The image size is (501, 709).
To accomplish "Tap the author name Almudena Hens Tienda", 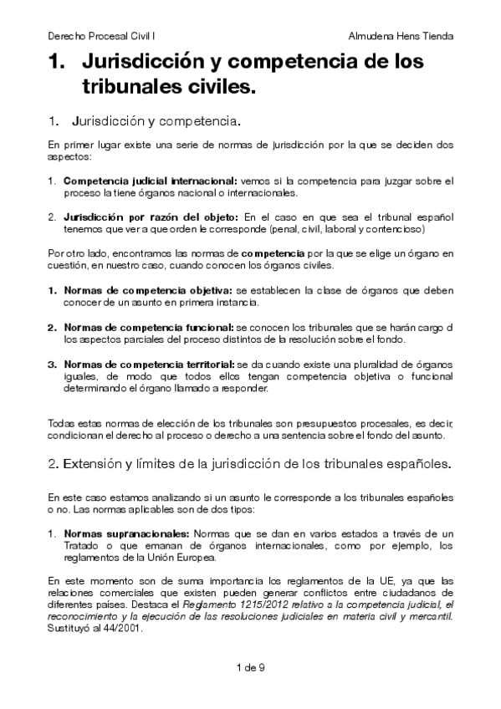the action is click(x=401, y=37).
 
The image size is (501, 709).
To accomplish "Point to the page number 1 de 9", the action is click(x=251, y=667).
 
